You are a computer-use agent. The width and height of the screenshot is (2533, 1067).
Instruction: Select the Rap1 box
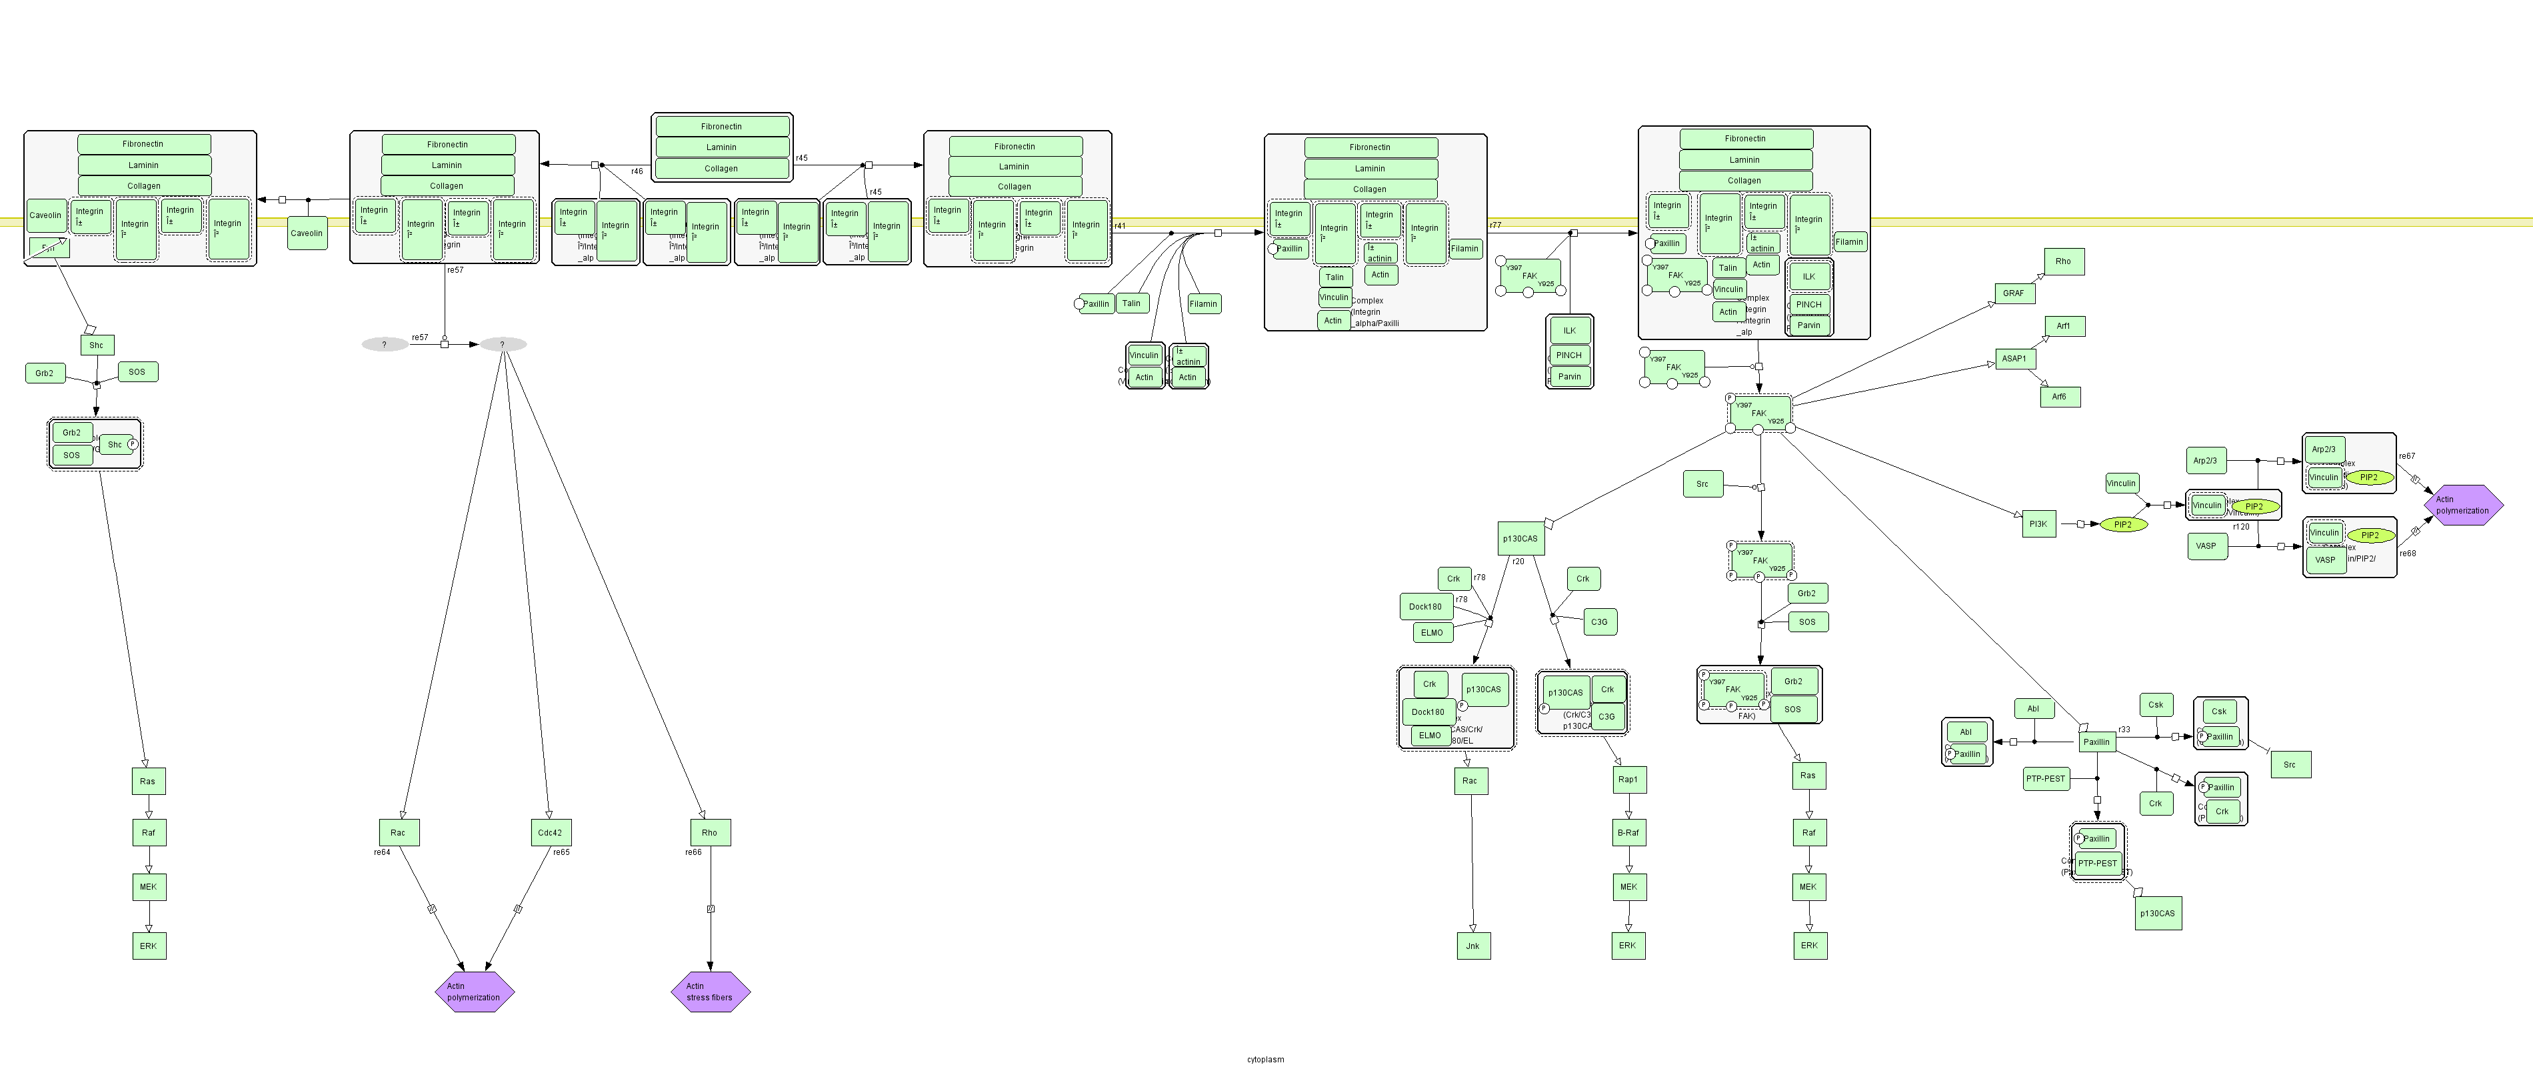(1627, 780)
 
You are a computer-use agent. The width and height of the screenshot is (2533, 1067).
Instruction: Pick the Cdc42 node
(550, 833)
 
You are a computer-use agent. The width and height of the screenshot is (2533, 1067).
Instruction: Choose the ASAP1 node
(2014, 359)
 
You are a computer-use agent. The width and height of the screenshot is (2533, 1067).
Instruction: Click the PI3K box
(2038, 524)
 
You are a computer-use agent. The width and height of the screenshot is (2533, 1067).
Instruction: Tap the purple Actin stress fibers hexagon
(710, 991)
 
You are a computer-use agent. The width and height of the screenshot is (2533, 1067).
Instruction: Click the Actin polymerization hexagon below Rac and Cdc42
(474, 991)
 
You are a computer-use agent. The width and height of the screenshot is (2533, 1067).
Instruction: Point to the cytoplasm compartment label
(1266, 1059)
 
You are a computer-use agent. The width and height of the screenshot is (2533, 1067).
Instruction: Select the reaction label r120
(2241, 527)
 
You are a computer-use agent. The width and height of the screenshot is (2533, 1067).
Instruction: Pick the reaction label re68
(2407, 554)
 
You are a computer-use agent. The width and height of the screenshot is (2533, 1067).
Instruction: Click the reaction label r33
(2124, 730)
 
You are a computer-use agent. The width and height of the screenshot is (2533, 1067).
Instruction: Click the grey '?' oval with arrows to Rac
(503, 344)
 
